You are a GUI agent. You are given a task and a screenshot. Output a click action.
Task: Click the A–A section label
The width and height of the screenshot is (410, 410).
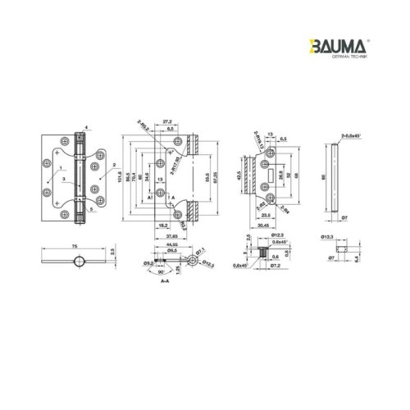tap(165, 281)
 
